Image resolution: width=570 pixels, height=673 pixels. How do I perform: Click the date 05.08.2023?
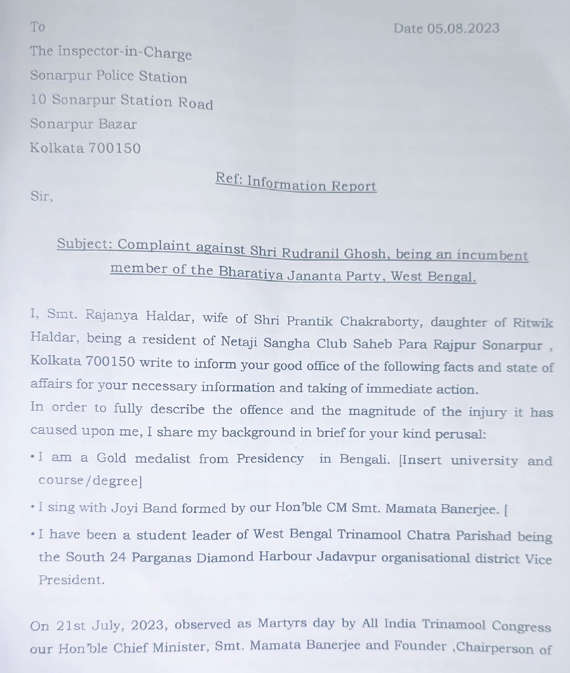pyautogui.click(x=463, y=28)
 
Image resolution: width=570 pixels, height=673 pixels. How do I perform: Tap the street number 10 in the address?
pyautogui.click(x=38, y=100)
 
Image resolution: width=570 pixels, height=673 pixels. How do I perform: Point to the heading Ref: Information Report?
pyautogui.click(x=296, y=183)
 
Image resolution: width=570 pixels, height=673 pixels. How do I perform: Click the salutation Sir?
pyautogui.click(x=41, y=196)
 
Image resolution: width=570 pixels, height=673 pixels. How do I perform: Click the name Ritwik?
pyautogui.click(x=533, y=323)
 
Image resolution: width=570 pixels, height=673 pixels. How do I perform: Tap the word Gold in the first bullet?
pyautogui.click(x=112, y=458)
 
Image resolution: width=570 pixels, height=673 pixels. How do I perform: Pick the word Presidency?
pyautogui.click(x=270, y=459)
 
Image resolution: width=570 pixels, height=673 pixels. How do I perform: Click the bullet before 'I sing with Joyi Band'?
pyautogui.click(x=32, y=506)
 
